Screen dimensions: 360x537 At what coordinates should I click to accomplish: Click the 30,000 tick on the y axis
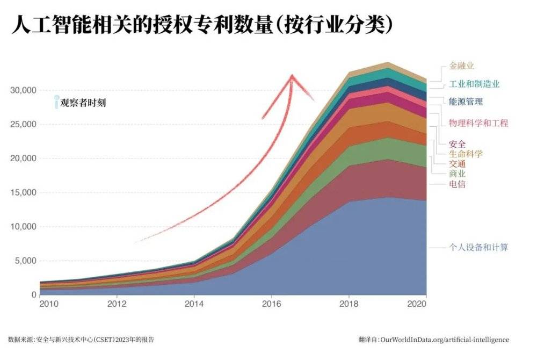(x=23, y=90)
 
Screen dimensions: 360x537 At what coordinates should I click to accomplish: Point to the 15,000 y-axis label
(x=23, y=192)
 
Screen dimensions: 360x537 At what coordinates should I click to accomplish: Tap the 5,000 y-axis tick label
(x=25, y=261)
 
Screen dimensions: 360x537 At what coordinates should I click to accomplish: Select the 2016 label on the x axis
(x=272, y=304)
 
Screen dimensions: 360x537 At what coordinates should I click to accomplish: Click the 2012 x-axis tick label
(x=117, y=304)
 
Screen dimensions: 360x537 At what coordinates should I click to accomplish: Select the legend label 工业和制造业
(x=474, y=84)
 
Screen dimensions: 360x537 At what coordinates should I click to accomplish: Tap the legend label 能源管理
(x=466, y=101)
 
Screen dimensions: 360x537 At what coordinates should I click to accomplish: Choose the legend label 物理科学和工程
(x=478, y=123)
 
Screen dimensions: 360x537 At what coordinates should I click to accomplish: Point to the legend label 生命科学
(x=466, y=154)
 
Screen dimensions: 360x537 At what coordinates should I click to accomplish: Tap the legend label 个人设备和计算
(x=478, y=248)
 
